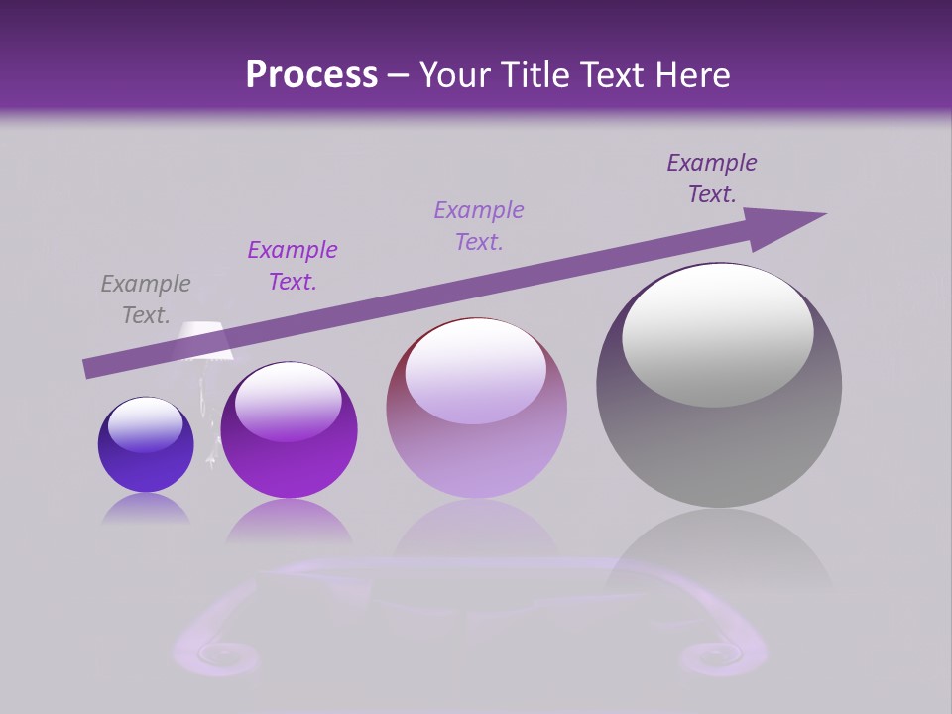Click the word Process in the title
coord(311,75)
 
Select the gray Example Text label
coord(146,299)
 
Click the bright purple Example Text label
coord(293,266)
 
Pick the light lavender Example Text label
coord(479,226)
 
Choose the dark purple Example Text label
coord(711,178)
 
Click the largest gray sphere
coord(719,436)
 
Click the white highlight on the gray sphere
coord(718,334)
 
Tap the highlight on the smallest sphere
coord(145,425)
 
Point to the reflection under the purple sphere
coord(289,523)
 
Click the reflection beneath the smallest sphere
coord(146,510)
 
